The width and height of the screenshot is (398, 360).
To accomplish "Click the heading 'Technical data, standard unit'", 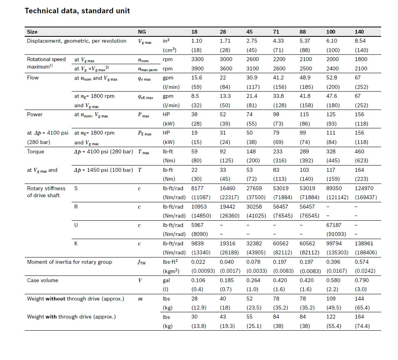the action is tap(77, 11).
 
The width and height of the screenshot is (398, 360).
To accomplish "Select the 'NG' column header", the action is tap(142, 32).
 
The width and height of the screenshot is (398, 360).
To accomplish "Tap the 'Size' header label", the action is tap(32, 32).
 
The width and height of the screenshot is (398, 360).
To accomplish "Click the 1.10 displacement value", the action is tap(197, 41).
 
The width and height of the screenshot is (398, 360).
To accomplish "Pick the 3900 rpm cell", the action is tap(197, 68).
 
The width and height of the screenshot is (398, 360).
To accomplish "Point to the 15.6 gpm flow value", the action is tap(197, 77).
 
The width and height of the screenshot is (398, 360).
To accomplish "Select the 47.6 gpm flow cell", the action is tap(332, 96).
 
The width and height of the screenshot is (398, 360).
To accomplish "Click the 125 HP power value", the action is tap(331, 114).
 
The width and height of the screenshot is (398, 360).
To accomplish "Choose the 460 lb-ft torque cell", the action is tap(360, 151).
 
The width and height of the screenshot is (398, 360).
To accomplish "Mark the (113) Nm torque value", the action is tap(280, 179).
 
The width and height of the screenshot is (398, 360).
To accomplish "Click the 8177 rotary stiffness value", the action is tap(197, 188).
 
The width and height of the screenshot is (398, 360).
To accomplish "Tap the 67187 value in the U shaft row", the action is tap(334, 225).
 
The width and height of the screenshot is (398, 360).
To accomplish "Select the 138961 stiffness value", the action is tap(364, 243).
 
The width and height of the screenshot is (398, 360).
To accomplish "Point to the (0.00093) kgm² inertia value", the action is tap(203, 271).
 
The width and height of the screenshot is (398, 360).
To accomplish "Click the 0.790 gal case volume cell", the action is tap(362, 280).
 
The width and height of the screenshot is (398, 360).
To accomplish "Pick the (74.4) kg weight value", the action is tap(362, 326).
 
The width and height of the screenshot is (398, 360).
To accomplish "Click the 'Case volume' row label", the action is tap(43, 280).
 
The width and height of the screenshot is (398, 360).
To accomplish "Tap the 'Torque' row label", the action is tap(36, 151).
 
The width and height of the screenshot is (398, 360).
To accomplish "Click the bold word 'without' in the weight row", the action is tap(55, 299).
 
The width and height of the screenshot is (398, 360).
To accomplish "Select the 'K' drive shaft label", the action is tap(76, 243).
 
